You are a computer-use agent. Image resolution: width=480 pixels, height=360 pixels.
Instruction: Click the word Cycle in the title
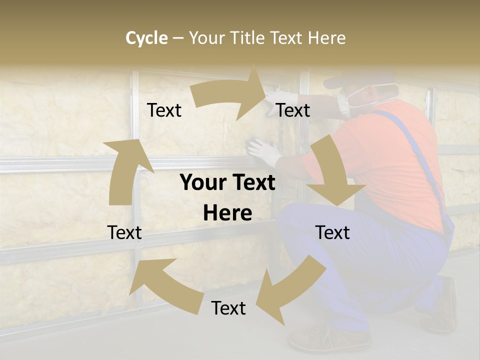[x=146, y=38]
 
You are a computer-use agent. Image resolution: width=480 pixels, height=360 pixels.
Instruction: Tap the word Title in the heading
[x=248, y=38]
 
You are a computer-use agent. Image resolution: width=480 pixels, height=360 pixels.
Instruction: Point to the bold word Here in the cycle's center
[x=227, y=213]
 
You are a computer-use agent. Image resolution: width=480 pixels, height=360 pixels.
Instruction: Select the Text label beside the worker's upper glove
[x=293, y=110]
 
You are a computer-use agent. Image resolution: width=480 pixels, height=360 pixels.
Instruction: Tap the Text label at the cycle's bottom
[x=228, y=308]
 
